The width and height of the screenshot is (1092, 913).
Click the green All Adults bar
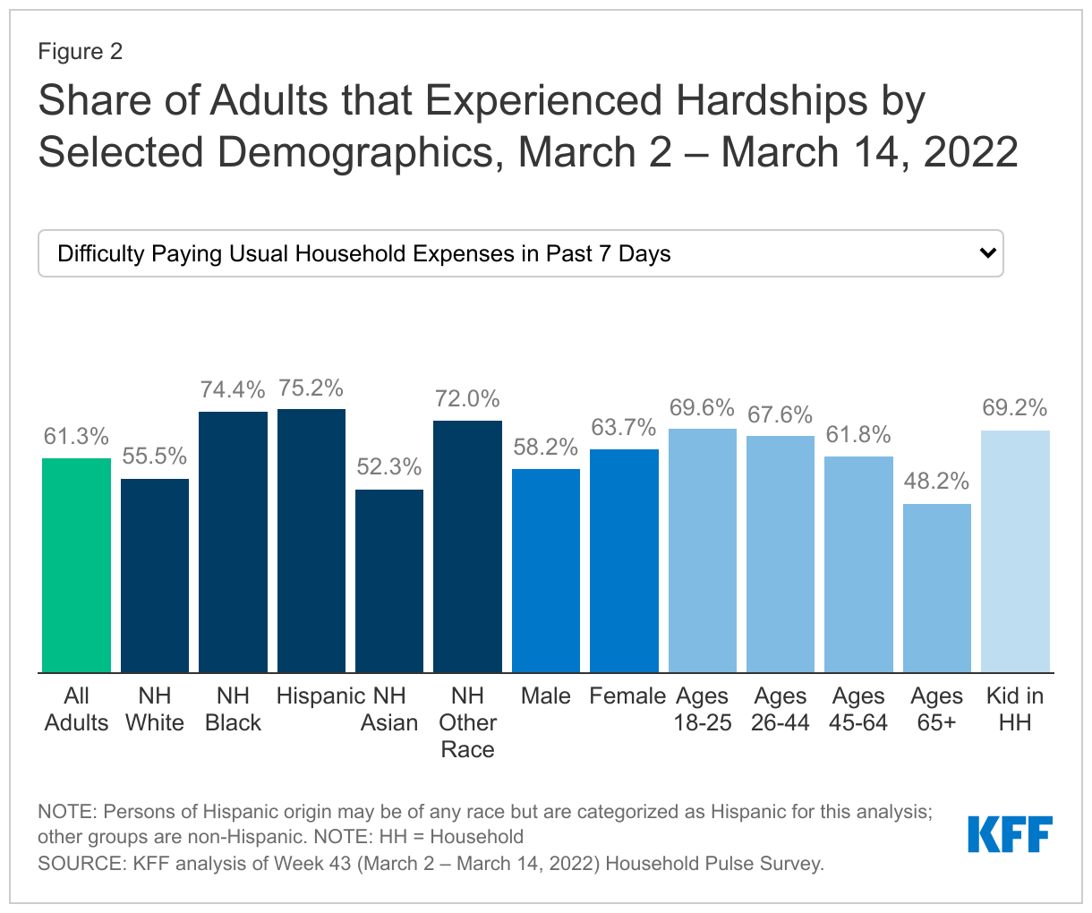76,565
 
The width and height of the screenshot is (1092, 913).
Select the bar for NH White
155,576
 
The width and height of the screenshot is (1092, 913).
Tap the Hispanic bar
311,541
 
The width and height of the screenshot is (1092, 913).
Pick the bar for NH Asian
389,581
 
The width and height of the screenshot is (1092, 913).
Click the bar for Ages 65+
936,588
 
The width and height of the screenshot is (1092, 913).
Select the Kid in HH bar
1015,551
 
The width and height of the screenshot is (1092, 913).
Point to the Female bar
624,560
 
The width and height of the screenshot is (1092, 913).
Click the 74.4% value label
233,390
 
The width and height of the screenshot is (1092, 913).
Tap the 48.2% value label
936,482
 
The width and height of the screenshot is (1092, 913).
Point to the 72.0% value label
467,399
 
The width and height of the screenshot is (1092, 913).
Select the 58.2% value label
546,448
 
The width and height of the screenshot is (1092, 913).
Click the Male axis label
546,696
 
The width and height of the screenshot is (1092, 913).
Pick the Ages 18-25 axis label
703,709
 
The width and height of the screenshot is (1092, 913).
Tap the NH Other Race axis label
467,722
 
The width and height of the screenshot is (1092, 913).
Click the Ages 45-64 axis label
858,709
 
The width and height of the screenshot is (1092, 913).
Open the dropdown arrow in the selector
987,253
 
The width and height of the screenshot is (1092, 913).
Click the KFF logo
1010,834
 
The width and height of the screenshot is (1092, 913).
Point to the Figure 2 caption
80,51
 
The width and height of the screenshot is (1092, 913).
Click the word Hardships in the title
772,101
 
